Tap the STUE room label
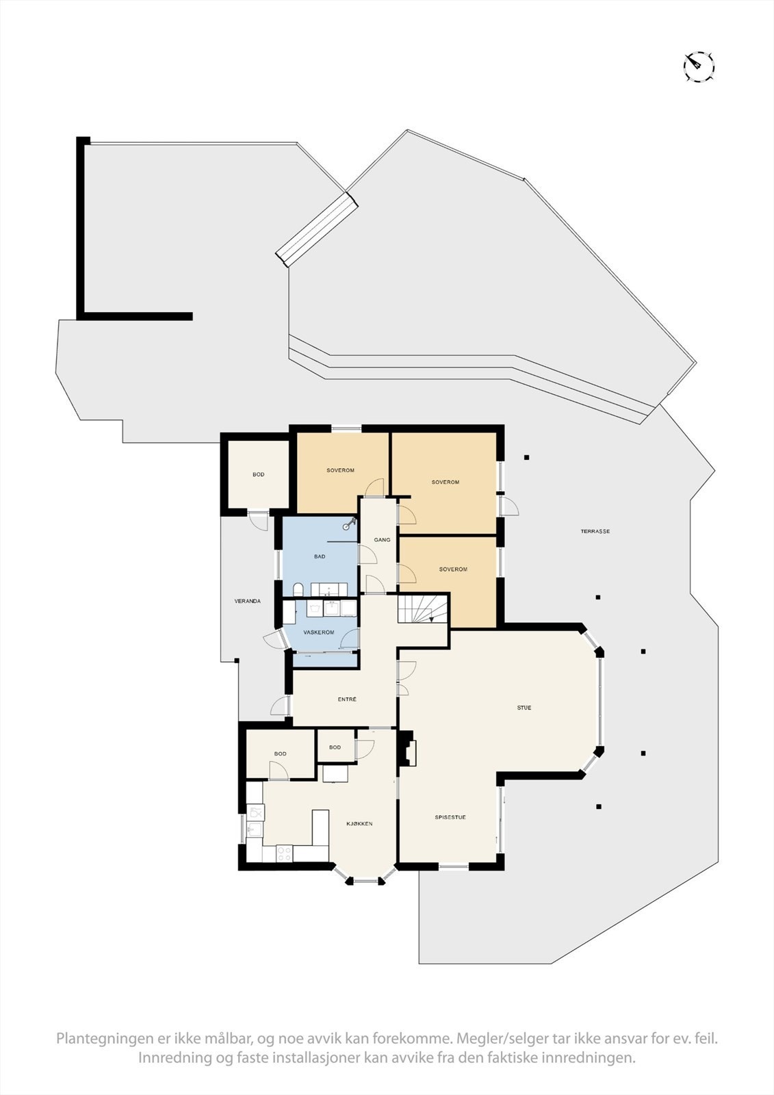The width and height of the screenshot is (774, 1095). (x=524, y=708)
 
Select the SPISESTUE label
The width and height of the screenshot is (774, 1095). (x=450, y=817)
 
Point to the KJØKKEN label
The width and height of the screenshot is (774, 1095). (x=359, y=823)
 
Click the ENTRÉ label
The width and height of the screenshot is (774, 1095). (x=347, y=699)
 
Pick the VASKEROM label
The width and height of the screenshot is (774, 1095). (x=319, y=632)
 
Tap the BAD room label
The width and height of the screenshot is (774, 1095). (x=320, y=556)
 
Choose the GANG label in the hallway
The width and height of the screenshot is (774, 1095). (x=382, y=540)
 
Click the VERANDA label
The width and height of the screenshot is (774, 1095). (x=248, y=601)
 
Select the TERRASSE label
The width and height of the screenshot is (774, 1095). (x=595, y=531)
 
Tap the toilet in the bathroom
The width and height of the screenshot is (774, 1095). (x=298, y=589)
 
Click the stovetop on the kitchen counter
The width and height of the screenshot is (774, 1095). (x=283, y=853)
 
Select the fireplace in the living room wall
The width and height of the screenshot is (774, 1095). (x=409, y=749)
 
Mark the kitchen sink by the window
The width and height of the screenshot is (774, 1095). (x=255, y=830)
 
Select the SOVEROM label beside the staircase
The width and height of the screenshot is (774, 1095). (x=453, y=569)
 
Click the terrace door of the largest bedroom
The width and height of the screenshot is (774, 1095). (x=508, y=507)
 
